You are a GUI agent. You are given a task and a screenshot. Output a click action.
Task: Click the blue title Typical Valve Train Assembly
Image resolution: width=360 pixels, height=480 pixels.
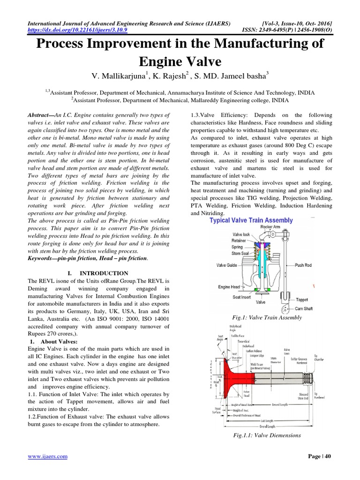251,220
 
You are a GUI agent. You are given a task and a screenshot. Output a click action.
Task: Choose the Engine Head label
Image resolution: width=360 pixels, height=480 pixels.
230,287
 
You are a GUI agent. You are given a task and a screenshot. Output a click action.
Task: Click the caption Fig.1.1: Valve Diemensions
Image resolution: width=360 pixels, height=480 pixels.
267,435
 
